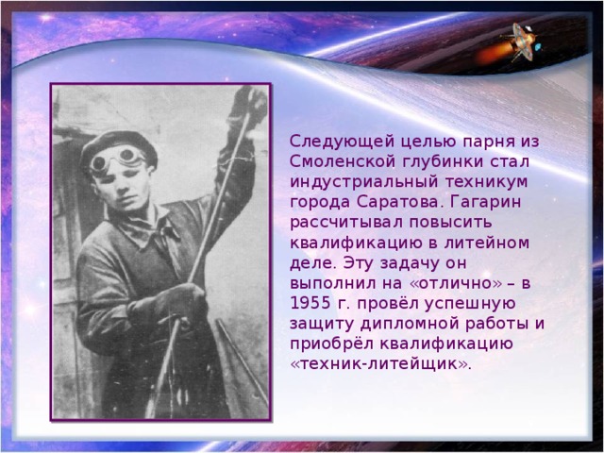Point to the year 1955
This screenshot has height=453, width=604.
point(312,303)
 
